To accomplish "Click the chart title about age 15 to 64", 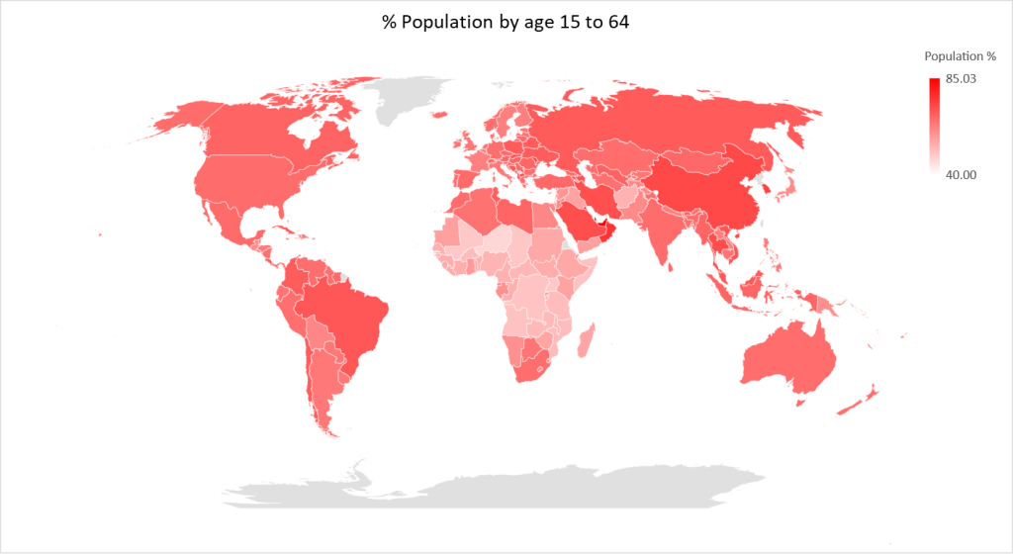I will coord(506,22).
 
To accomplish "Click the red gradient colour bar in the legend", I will coord(935,126).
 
